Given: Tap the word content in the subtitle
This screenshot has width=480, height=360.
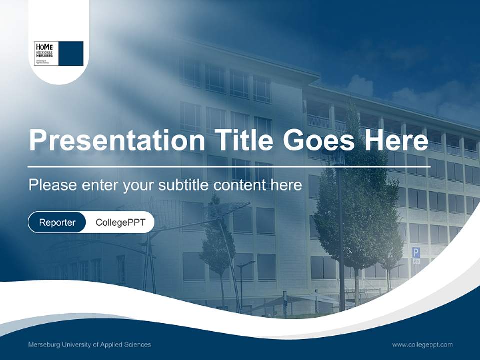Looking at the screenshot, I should click(239, 185).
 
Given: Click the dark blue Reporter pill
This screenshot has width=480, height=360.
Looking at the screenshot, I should click(57, 222).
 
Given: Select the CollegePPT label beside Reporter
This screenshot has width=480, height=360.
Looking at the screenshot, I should click(120, 222).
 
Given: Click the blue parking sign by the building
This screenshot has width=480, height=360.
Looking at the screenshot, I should click(416, 253).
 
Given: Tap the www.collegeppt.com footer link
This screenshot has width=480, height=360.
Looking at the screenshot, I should click(422, 344).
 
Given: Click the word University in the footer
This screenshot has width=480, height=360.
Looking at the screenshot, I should click(79, 344).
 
